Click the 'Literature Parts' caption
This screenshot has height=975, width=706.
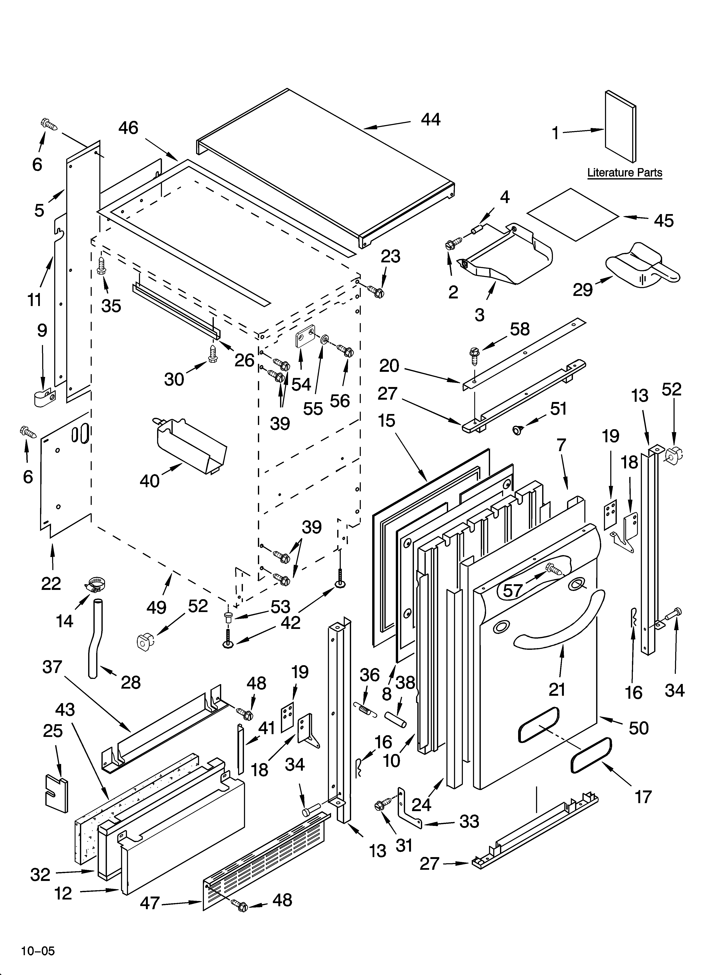tap(624, 173)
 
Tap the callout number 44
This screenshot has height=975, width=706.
tap(430, 120)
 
